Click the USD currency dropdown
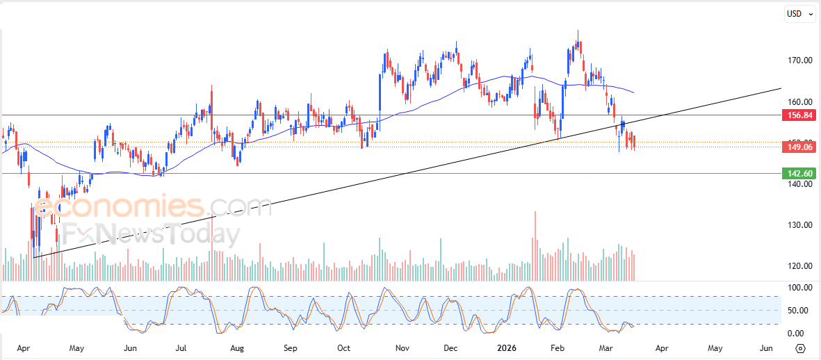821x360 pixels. coord(799,14)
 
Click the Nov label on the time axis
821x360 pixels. coord(401,347)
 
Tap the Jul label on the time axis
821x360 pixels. coord(182,347)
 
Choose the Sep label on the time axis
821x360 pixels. coord(291,347)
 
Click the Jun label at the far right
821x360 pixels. coord(765,347)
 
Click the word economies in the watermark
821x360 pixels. coord(118,207)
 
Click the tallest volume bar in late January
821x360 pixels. coord(535,243)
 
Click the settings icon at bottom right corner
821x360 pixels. coord(800,348)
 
